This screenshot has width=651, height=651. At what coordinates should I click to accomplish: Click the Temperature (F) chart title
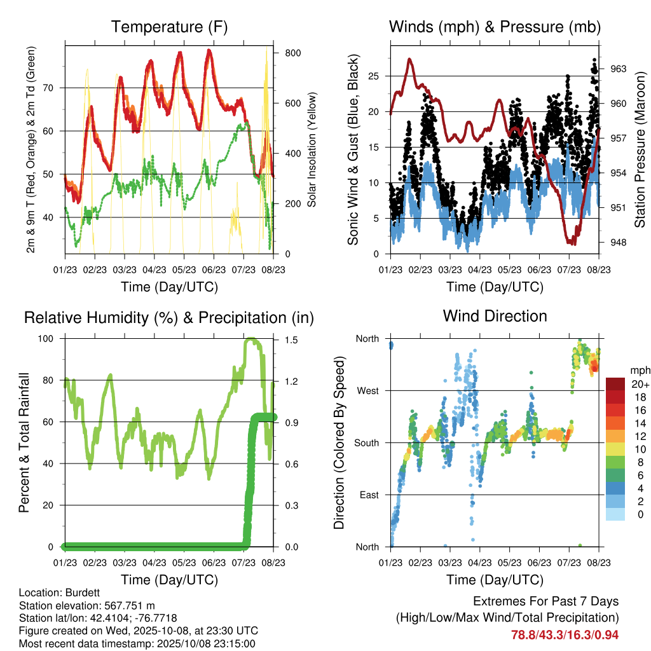pyautogui.click(x=169, y=27)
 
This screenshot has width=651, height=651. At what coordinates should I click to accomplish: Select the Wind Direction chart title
pyautogui.click(x=495, y=315)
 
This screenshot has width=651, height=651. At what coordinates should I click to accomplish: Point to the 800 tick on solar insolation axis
pyautogui.click(x=292, y=53)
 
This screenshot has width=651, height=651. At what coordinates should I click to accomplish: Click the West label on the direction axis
pyautogui.click(x=367, y=390)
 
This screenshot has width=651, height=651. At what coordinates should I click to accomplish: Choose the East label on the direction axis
pyautogui.click(x=368, y=495)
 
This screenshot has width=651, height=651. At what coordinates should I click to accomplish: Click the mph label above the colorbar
pyautogui.click(x=639, y=370)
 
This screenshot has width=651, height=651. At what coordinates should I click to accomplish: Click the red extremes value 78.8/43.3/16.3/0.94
pyautogui.click(x=565, y=634)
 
